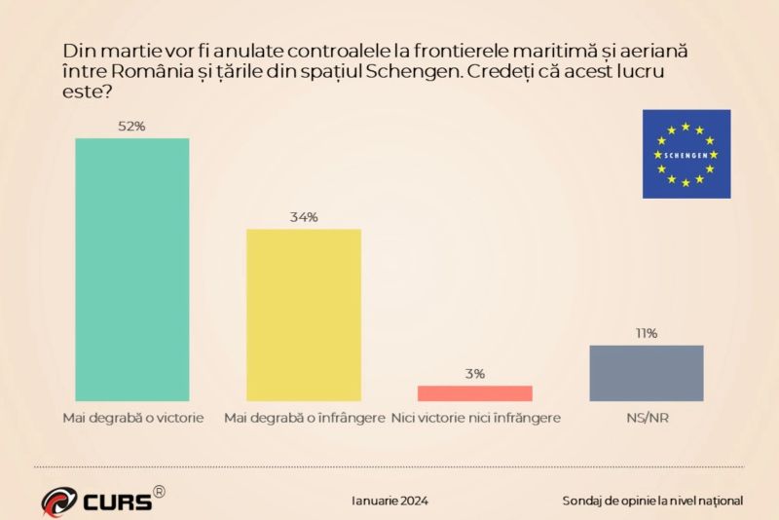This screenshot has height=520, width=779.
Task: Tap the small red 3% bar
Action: pyautogui.click(x=475, y=393)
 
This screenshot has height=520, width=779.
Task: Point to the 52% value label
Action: pyautogui.click(x=132, y=126)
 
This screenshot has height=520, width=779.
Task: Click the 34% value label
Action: pyautogui.click(x=304, y=217)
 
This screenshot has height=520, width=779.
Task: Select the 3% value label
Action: pyautogui.click(x=475, y=373)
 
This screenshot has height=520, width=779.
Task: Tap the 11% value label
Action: pyautogui.click(x=647, y=333)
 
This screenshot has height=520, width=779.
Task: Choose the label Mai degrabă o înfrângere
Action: pyautogui.click(x=304, y=419)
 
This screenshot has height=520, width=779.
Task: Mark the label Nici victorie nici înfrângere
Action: pyautogui.click(x=475, y=419)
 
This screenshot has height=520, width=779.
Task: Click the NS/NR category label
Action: pyautogui.click(x=647, y=419)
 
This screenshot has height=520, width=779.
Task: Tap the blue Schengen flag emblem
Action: pyautogui.click(x=686, y=154)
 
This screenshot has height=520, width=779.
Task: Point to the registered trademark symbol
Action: pyautogui.click(x=160, y=492)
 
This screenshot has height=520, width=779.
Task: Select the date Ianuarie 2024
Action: pyautogui.click(x=389, y=501)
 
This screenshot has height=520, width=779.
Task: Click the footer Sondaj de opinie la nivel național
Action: pyautogui.click(x=652, y=501)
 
